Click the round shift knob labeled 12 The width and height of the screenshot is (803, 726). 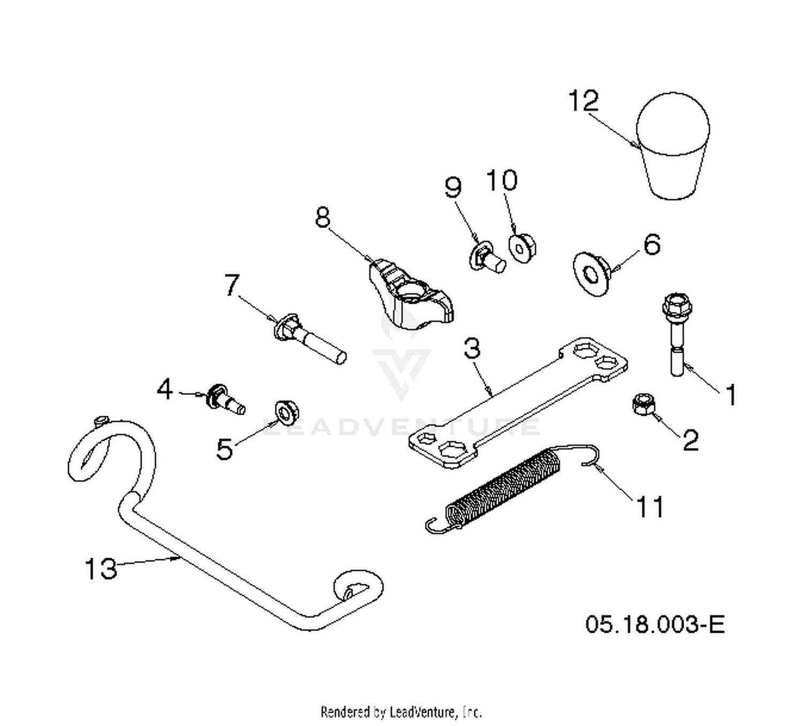[x=673, y=146]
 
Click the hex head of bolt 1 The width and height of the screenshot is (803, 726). [x=677, y=308]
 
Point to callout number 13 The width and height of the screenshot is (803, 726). [x=101, y=568]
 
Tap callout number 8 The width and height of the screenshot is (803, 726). [x=323, y=217]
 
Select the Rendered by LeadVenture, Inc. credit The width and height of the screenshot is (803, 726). [x=401, y=712]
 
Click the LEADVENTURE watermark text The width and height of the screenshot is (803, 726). [x=400, y=426]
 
